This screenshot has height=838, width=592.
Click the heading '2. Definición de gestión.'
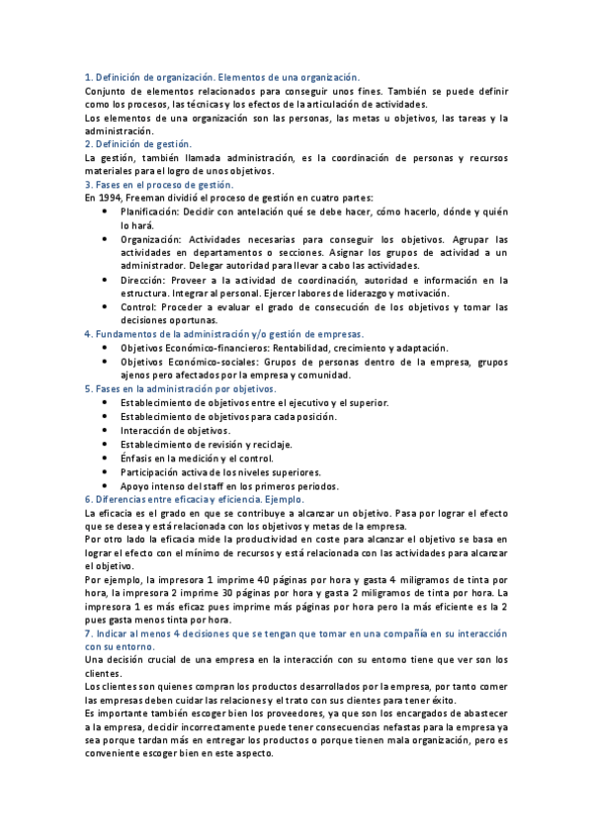(138, 143)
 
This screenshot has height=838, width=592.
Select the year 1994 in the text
(108, 198)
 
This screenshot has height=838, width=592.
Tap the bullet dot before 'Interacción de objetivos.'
(106, 431)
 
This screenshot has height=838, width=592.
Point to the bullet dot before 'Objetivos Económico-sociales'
(106, 362)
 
